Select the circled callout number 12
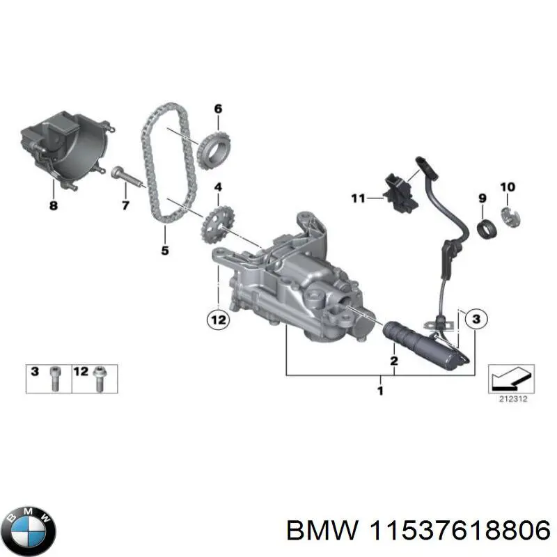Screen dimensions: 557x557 (x=217, y=320)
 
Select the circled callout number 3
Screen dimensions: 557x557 (x=475, y=320)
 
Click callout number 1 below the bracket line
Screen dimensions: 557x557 (x=380, y=391)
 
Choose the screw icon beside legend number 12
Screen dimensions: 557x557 (x=100, y=377)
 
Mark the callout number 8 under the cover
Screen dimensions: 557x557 (x=54, y=206)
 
